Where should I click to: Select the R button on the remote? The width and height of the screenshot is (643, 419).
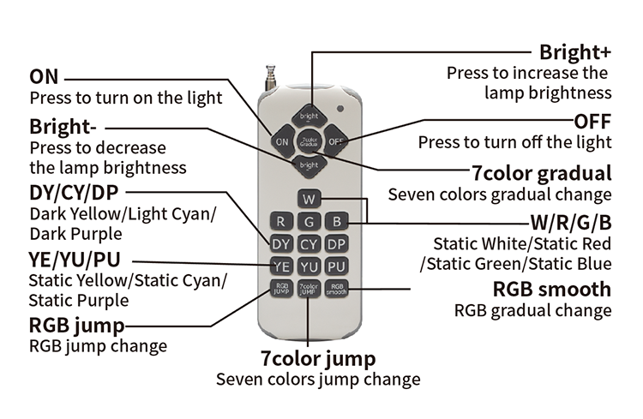point(282,222)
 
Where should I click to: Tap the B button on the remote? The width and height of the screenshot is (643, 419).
point(337,222)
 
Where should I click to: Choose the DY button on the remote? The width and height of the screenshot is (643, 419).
point(282,244)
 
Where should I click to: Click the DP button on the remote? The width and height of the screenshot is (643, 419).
point(337,244)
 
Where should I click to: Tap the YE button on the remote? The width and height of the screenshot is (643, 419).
point(282,266)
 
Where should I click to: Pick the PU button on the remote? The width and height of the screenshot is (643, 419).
point(337,266)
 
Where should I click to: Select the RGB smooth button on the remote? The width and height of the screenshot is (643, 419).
point(337,289)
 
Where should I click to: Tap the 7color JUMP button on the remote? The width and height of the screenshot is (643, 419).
point(309,289)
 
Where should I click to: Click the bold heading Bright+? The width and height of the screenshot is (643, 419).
point(574,52)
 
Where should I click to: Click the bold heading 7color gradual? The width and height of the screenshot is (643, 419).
point(541,171)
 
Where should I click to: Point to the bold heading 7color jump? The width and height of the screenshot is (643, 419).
point(318,356)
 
